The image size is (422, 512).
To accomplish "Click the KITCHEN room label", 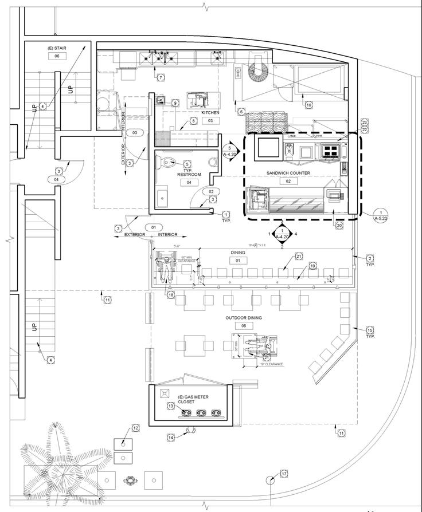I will coord(210,113).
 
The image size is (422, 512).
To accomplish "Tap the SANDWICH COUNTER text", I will coord(288,172).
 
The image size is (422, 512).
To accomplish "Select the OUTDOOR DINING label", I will coord(244,317).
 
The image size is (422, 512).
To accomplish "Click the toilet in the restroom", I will coord(170,163).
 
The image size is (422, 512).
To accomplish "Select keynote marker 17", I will coord(284,474).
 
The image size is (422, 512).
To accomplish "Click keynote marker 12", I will coord(136,428).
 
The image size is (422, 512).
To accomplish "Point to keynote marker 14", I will coord(171,438).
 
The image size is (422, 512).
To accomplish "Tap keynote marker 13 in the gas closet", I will coord(171,405).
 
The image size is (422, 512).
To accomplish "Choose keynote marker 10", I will coord(308,105).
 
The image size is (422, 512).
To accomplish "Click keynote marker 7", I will coord(161,77).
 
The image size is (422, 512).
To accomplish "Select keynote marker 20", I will coord(339,226).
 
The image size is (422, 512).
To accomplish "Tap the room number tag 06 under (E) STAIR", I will coord(57,56).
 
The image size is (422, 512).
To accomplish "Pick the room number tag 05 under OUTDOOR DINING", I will coord(244,326).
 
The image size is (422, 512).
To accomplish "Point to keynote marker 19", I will coord(313,266).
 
